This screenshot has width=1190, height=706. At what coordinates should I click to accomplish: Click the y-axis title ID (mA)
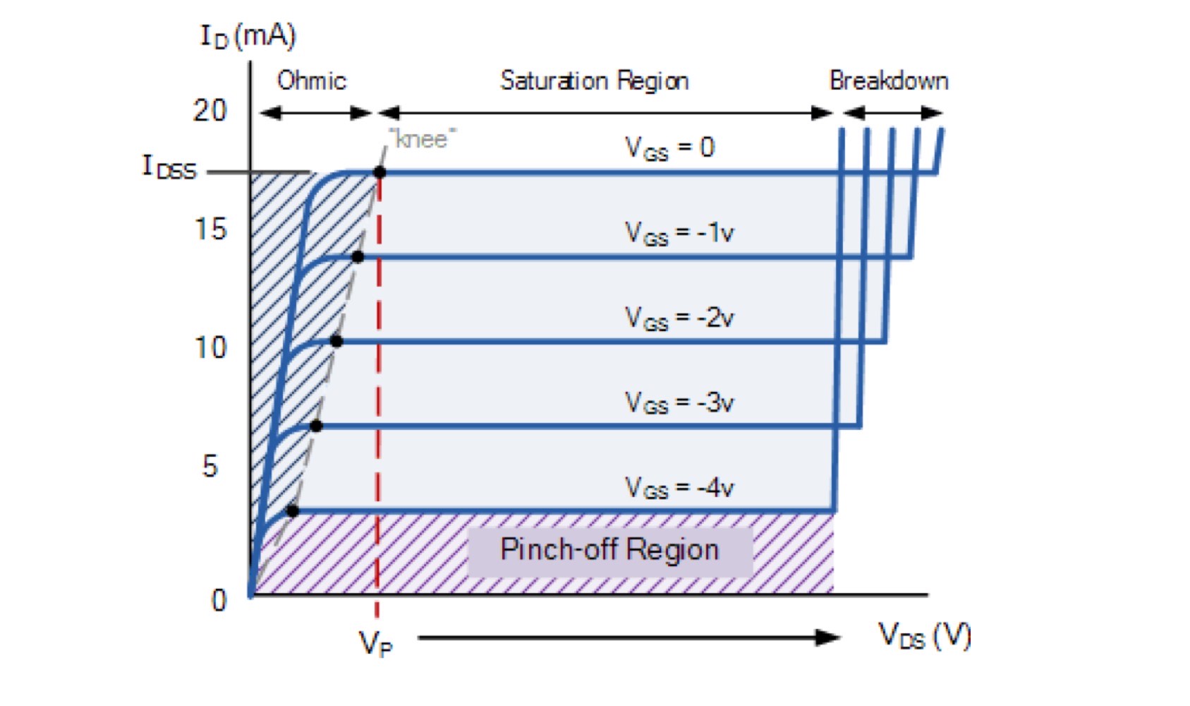pyautogui.click(x=248, y=35)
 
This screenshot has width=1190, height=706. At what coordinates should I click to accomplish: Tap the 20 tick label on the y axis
pyautogui.click(x=210, y=111)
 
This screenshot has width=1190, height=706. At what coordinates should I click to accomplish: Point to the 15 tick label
pyautogui.click(x=210, y=229)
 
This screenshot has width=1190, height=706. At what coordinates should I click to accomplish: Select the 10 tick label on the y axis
pyautogui.click(x=210, y=347)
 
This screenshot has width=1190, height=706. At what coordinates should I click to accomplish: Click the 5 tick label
pyautogui.click(x=210, y=466)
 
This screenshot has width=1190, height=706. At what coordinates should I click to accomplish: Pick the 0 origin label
pyautogui.click(x=219, y=600)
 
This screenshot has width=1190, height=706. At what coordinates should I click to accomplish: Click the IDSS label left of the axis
pyautogui.click(x=169, y=167)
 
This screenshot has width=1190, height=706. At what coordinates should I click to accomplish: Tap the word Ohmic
pyautogui.click(x=311, y=80)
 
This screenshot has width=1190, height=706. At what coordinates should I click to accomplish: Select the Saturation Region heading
pyautogui.click(x=594, y=80)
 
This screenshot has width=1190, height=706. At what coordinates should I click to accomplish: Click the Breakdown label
pyautogui.click(x=888, y=80)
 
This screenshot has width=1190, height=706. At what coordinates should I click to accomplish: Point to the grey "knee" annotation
pyautogui.click(x=422, y=139)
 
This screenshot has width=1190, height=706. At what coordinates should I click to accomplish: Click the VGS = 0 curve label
pyautogui.click(x=669, y=148)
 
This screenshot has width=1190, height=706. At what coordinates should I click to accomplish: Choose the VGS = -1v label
pyautogui.click(x=679, y=232)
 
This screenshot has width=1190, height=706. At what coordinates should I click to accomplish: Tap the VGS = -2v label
pyautogui.click(x=679, y=318)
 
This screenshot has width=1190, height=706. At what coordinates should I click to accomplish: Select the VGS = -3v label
pyautogui.click(x=679, y=402)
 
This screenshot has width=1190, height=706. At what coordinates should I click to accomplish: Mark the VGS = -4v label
pyautogui.click(x=679, y=487)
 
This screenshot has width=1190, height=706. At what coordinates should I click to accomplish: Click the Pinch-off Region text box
pyautogui.click(x=609, y=549)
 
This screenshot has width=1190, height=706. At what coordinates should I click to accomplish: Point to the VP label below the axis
pyautogui.click(x=375, y=643)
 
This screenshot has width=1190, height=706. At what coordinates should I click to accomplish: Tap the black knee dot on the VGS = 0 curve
pyautogui.click(x=380, y=172)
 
